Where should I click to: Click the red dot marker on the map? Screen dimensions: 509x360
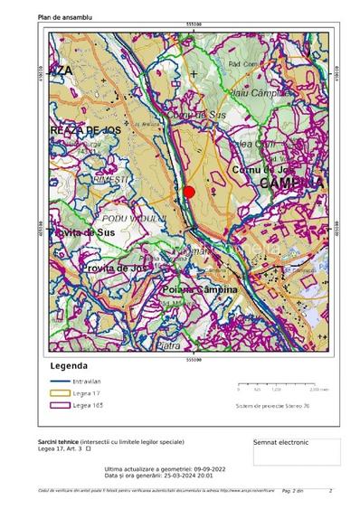click(189, 191)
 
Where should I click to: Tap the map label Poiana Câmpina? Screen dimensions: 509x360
click(200, 288)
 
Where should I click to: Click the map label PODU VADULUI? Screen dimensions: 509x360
click(134, 219)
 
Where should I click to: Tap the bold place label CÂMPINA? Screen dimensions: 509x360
click(290, 183)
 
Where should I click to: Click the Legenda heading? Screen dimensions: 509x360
click(69, 366)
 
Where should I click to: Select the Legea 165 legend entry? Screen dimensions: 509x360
click(87, 405)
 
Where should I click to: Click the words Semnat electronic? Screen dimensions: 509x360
click(281, 442)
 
